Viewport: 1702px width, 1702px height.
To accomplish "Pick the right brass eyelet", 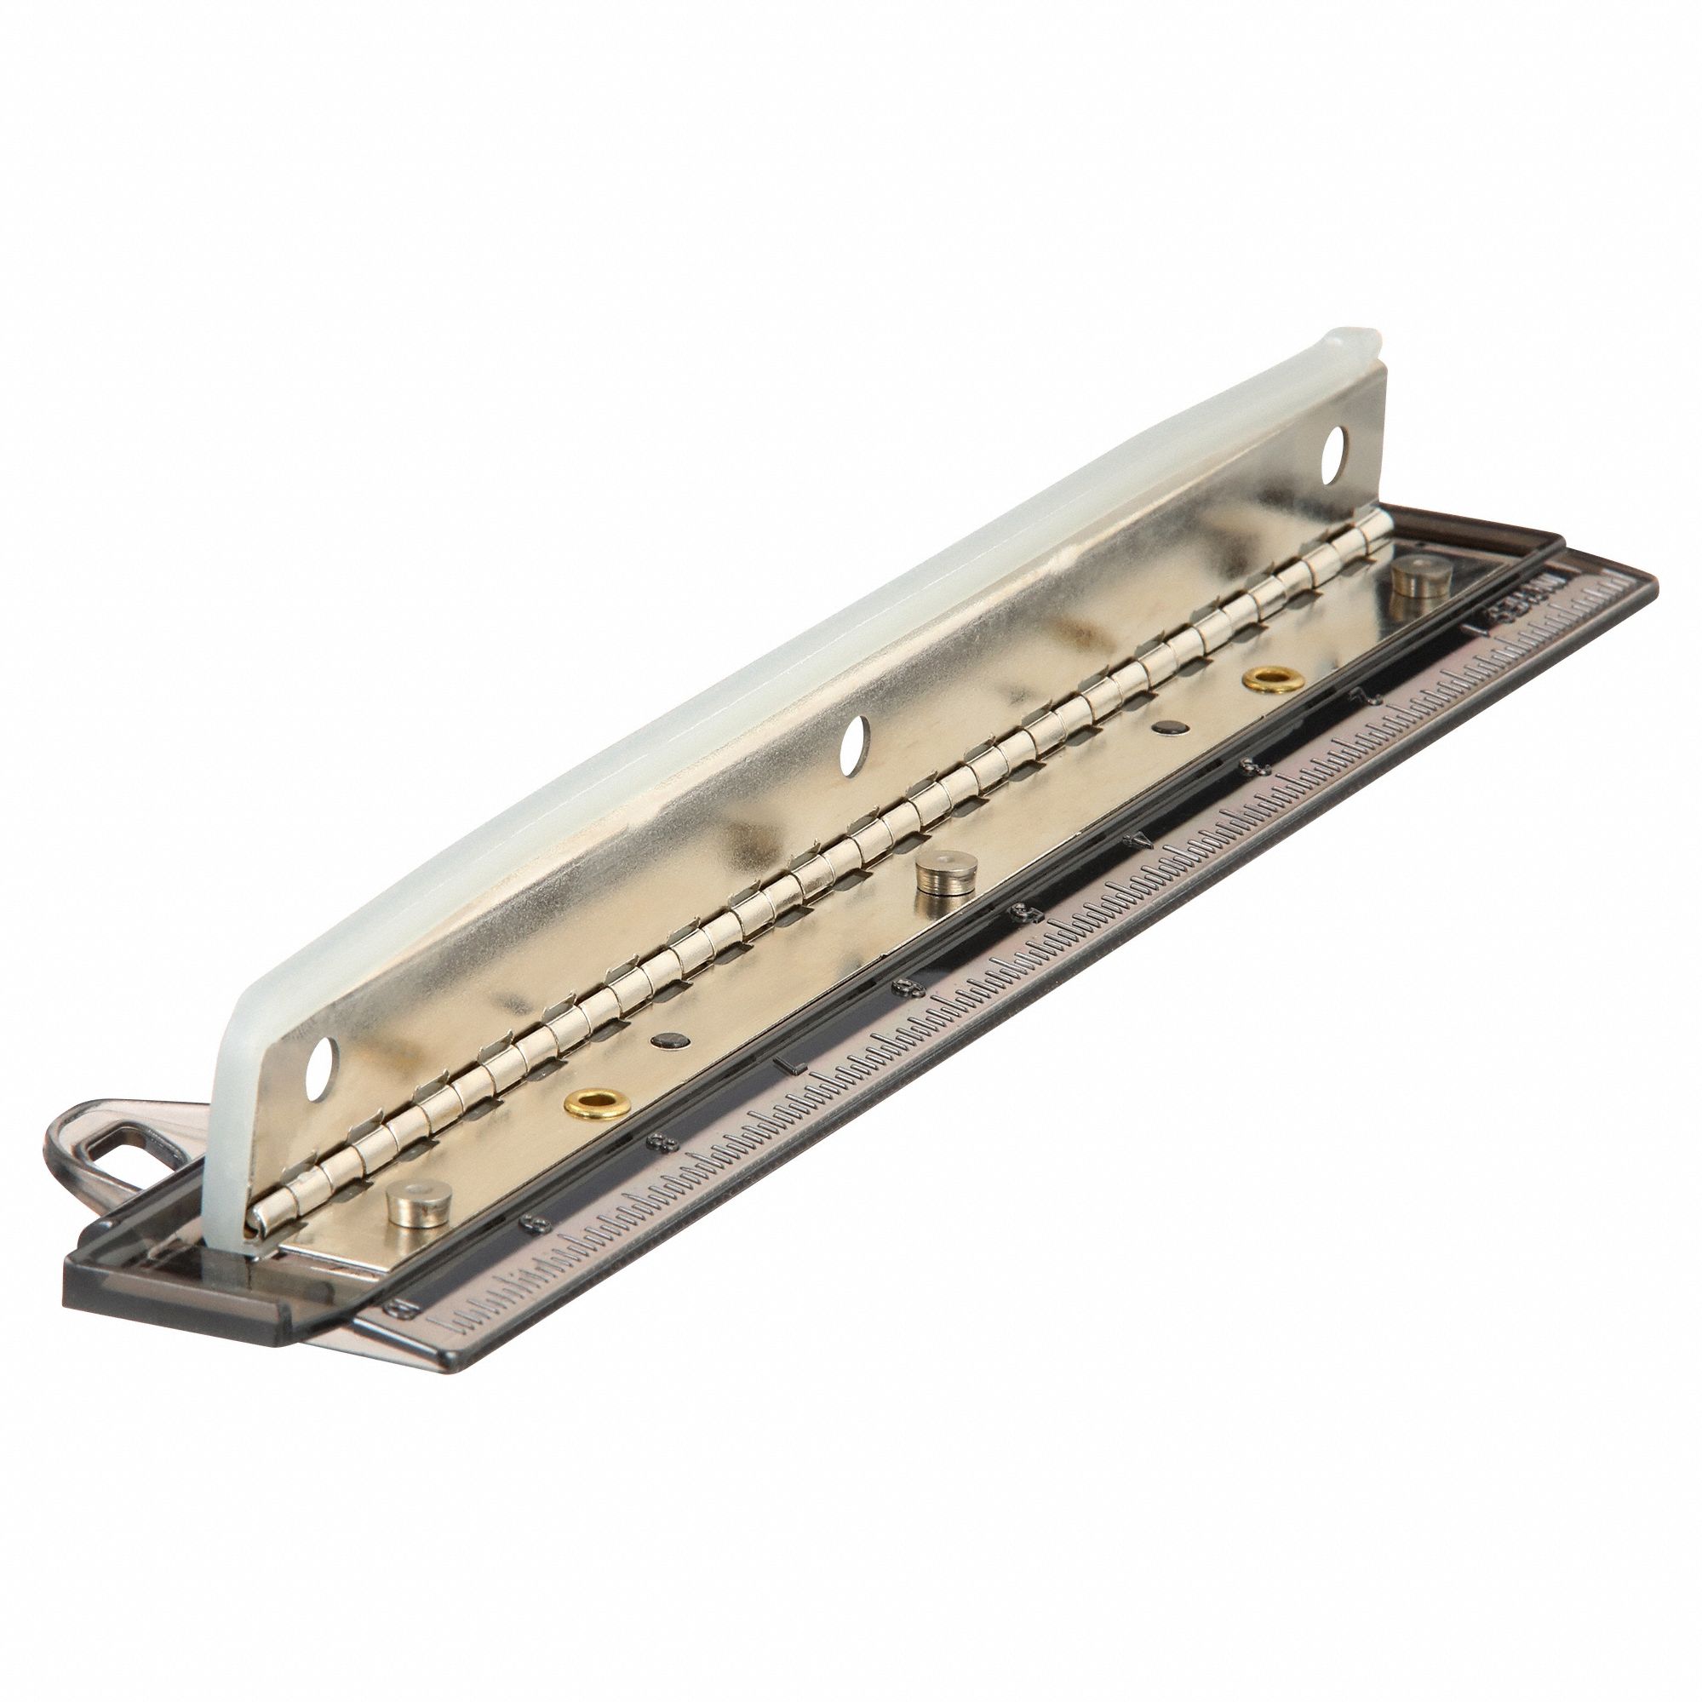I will click(x=1267, y=678).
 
